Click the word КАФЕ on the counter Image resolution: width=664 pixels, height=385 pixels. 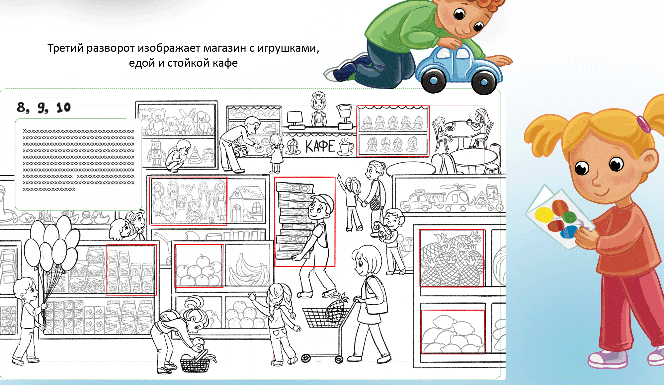[x=320, y=146]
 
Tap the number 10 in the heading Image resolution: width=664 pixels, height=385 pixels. [x=63, y=108]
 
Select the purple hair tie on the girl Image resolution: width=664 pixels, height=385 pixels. [x=644, y=124]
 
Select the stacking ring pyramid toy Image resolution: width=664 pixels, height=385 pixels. [x=195, y=156]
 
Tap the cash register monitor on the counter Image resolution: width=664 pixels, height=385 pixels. [x=294, y=117]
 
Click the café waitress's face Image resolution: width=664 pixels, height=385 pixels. [x=318, y=103]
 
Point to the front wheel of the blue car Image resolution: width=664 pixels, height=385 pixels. [x=434, y=81]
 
